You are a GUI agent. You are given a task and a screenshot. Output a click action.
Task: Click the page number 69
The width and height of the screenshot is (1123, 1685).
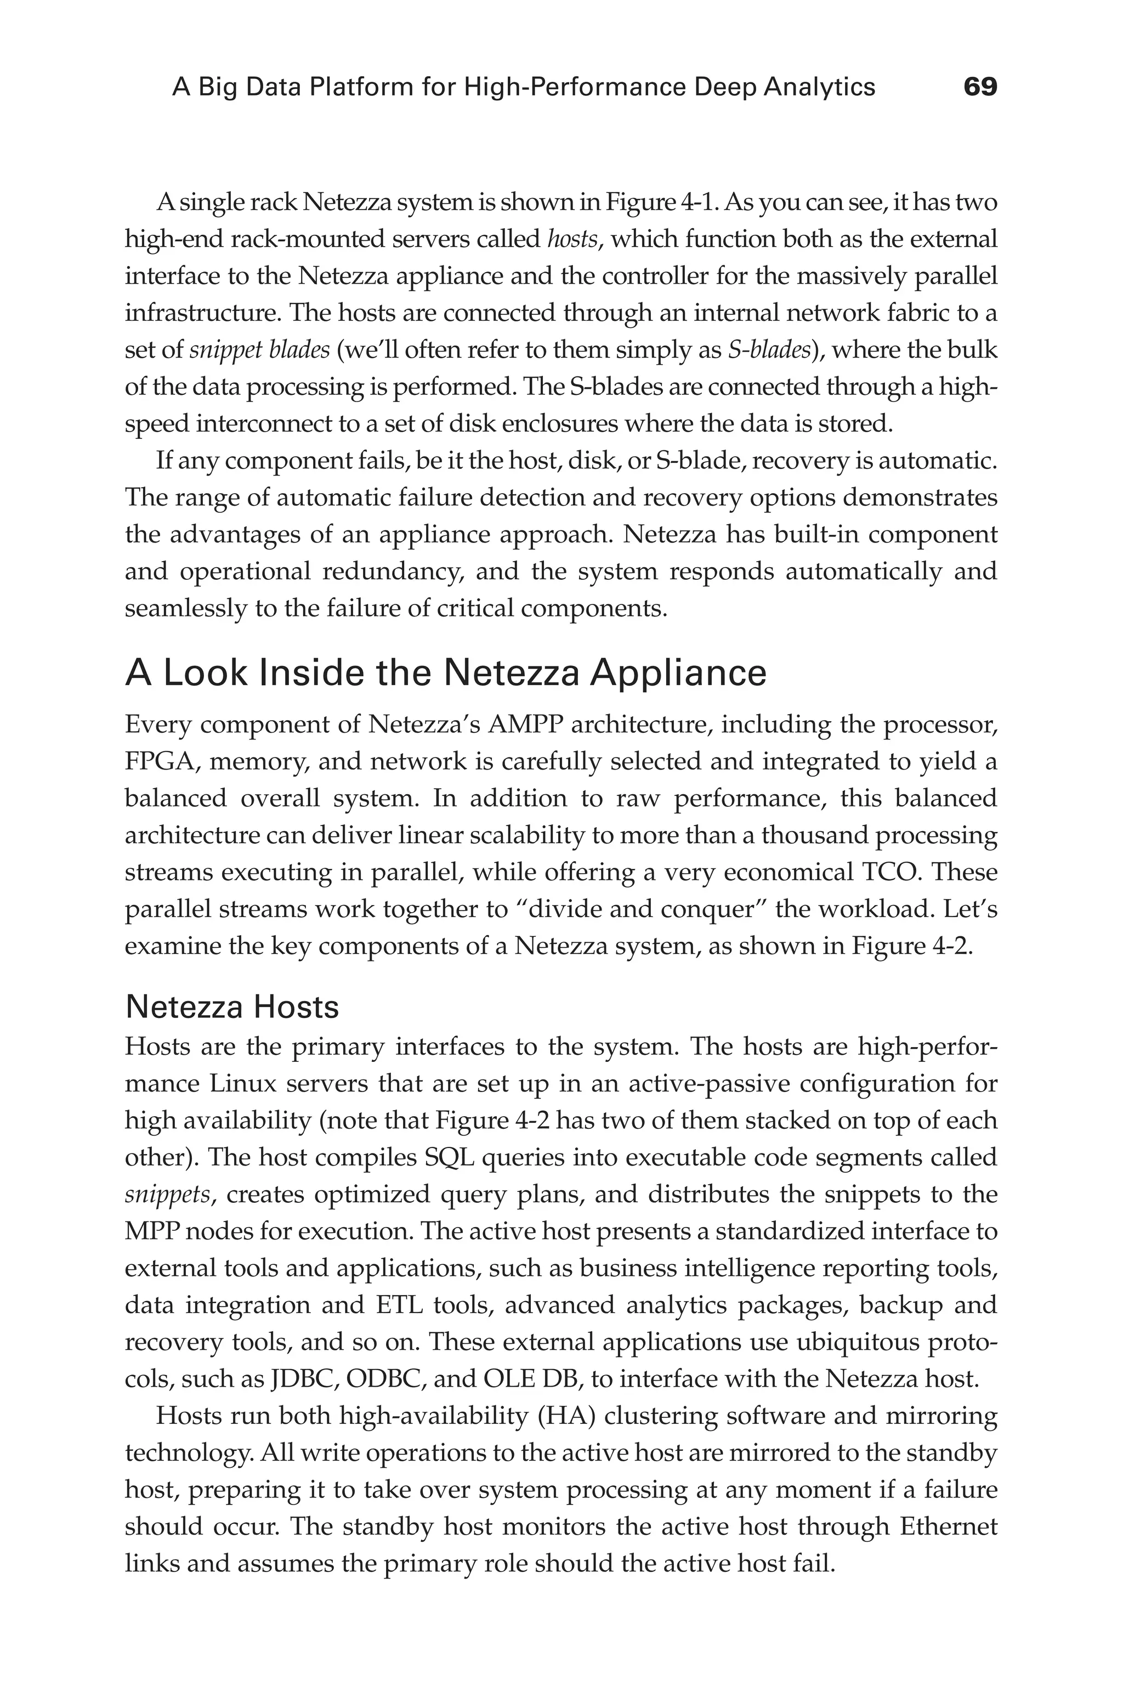point(980,87)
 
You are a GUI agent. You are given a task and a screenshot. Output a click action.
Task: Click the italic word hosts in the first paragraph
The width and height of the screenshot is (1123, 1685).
point(571,239)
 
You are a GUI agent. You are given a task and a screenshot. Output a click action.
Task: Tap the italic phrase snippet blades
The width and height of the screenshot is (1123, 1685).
point(259,350)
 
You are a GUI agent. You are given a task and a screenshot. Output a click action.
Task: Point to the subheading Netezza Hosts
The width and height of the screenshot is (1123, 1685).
point(231,1007)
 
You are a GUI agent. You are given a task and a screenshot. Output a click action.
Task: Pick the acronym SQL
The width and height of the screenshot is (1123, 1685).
point(450,1158)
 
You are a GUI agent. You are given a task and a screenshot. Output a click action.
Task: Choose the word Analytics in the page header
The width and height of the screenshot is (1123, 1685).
point(819,87)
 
